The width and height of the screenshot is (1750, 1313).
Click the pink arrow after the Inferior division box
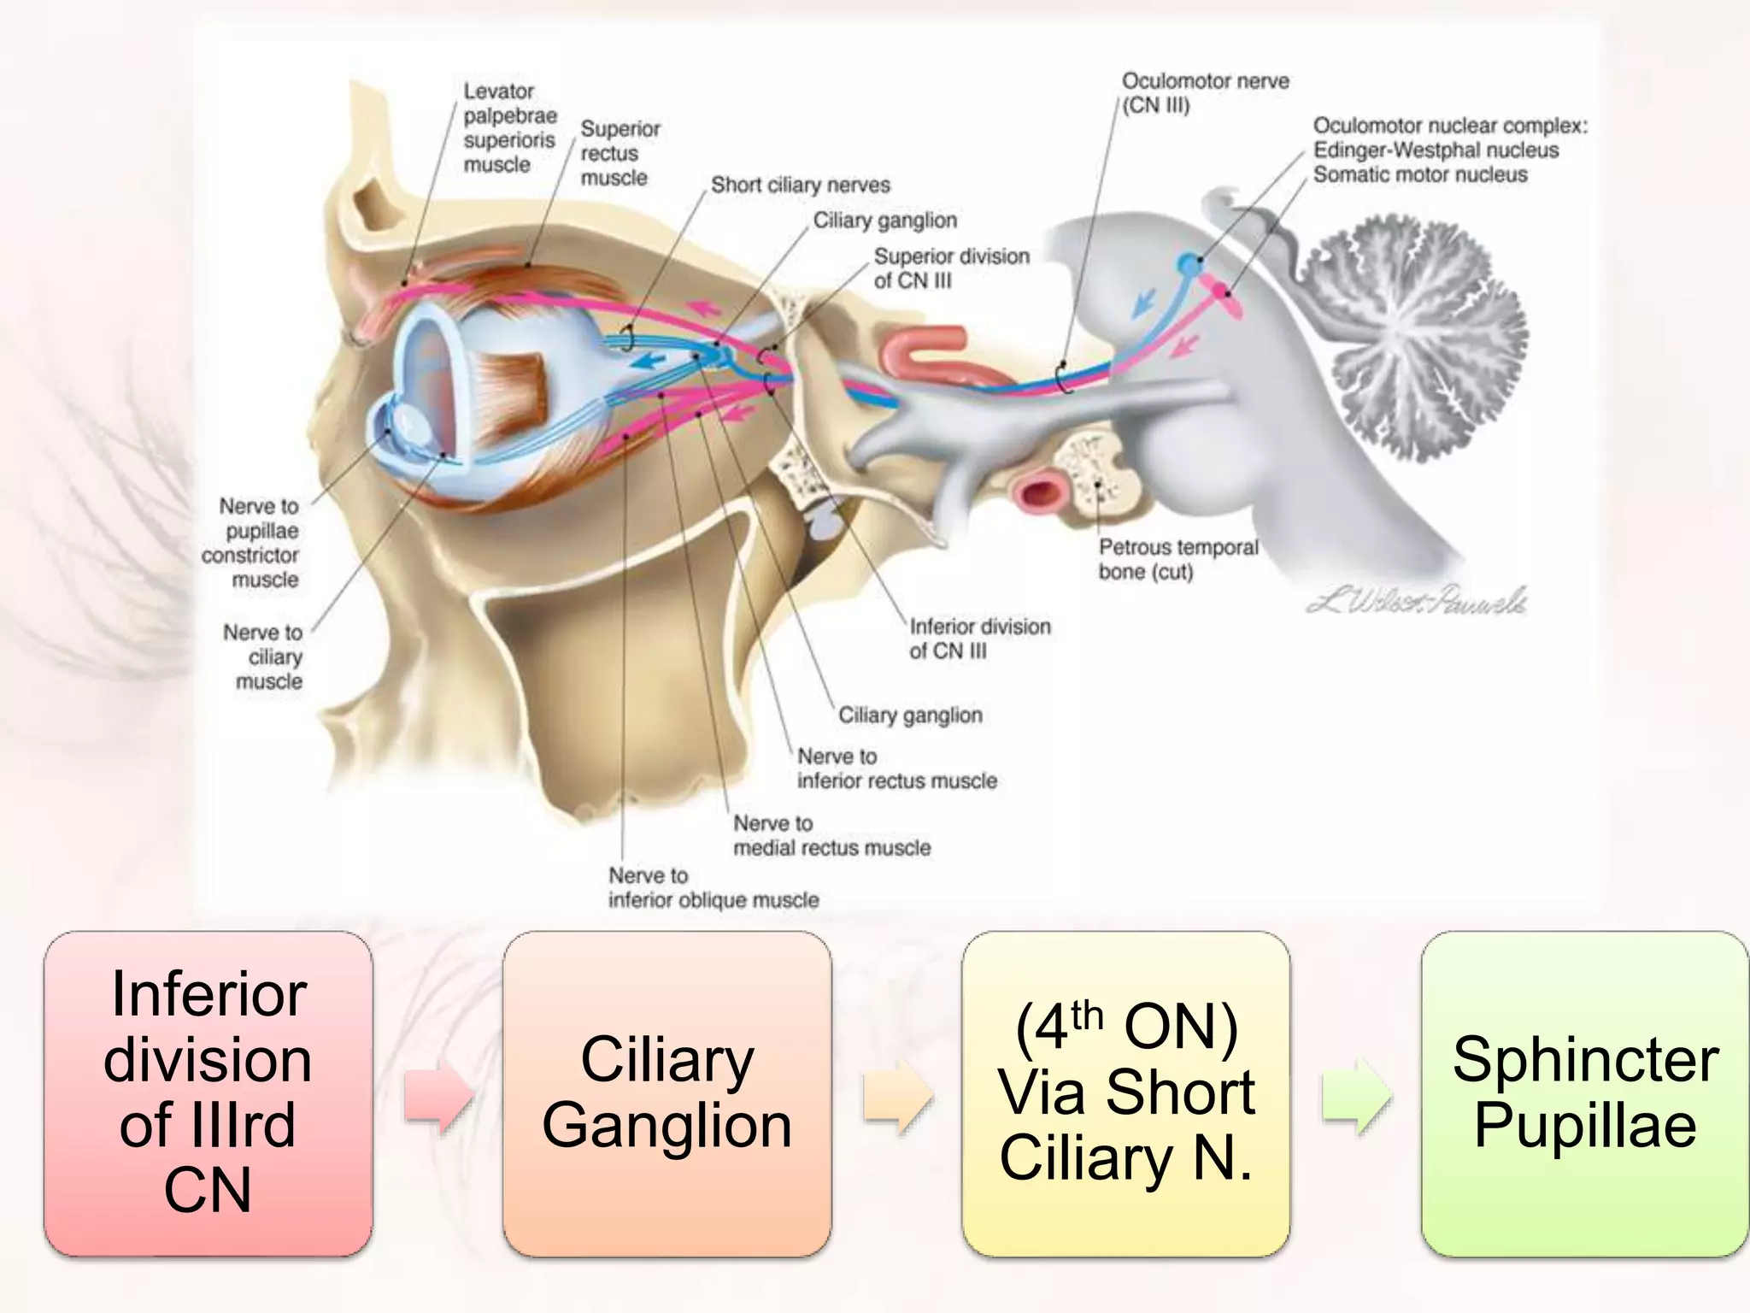pyautogui.click(x=438, y=1095)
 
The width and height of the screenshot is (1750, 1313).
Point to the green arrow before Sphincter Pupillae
pyautogui.click(x=1356, y=1095)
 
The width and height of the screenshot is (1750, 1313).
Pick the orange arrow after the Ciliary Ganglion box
pyautogui.click(x=897, y=1095)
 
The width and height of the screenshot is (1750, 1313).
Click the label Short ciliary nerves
pyautogui.click(x=800, y=185)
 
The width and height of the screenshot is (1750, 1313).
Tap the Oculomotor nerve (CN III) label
pyautogui.click(x=1205, y=92)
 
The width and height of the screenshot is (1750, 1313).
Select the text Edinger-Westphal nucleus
pyautogui.click(x=1436, y=150)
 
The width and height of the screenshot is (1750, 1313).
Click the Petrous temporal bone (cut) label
pyautogui.click(x=1177, y=559)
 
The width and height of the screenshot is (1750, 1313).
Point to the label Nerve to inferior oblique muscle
pyautogui.click(x=713, y=887)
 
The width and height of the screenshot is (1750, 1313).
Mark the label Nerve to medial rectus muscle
pyautogui.click(x=831, y=835)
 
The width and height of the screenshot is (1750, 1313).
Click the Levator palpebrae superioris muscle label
pyautogui.click(x=509, y=127)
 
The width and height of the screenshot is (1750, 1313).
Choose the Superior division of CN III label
pyautogui.click(x=950, y=268)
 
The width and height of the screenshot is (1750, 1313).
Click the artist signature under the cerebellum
pyautogui.click(x=1416, y=601)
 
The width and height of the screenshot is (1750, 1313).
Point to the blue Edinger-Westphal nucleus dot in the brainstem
pyautogui.click(x=1188, y=265)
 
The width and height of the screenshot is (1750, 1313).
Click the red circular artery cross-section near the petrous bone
pyautogui.click(x=1035, y=493)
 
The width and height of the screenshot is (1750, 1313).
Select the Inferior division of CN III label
pyautogui.click(x=978, y=638)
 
